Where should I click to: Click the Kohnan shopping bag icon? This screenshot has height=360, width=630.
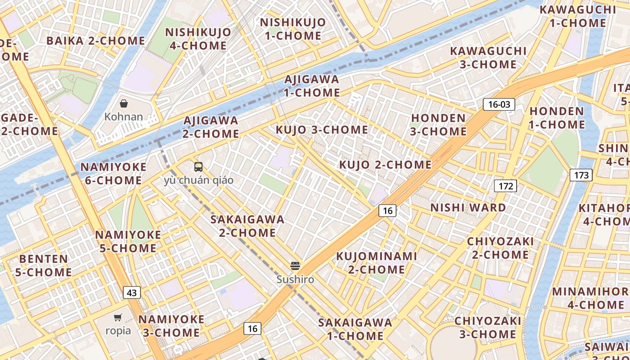tap(124, 104)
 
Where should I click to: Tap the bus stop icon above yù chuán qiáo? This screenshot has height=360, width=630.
tap(198, 167)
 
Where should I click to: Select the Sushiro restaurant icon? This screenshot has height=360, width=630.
tap(295, 266)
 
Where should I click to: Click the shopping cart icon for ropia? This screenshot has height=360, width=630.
tap(118, 318)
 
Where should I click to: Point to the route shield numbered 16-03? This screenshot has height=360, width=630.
tap(499, 105)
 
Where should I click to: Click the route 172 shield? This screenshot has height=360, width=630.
tap(506, 185)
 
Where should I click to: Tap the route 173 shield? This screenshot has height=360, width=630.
tap(581, 175)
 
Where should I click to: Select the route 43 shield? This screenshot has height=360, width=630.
tap(131, 292)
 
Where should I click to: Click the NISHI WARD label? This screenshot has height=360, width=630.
tap(468, 207)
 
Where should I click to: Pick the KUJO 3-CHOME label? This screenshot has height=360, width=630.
tap(322, 130)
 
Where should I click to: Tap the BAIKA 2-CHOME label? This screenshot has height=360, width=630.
tap(95, 40)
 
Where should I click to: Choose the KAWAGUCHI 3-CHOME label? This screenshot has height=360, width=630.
tap(488, 58)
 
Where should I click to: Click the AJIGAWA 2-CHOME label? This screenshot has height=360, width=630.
tap(211, 127)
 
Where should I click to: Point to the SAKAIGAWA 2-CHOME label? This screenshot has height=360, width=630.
tap(247, 226)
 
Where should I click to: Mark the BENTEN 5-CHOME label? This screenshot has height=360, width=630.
tap(43, 265)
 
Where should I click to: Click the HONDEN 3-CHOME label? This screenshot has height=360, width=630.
tap(439, 125)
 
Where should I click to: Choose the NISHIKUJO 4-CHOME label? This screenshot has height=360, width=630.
tap(198, 39)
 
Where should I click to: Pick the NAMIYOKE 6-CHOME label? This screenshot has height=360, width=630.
tap(113, 174)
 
